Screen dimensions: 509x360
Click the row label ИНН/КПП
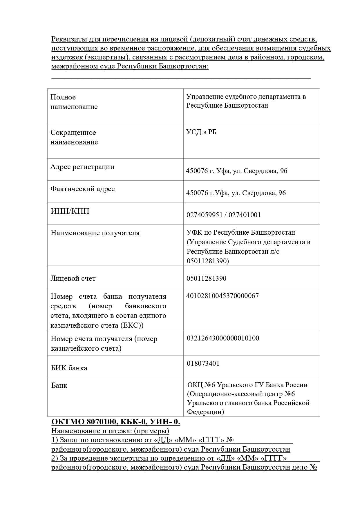pyautogui.click(x=70, y=211)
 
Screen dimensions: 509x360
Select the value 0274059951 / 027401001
pyautogui.click(x=224, y=215)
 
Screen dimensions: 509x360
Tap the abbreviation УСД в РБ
pyautogui.click(x=201, y=132)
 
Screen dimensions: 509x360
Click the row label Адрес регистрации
pyautogui.click(x=82, y=167)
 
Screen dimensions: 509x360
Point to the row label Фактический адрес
pyautogui.click(x=83, y=189)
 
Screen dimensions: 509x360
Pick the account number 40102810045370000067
pyautogui.click(x=222, y=296)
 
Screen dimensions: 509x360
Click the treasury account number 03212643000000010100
pyautogui.click(x=223, y=338)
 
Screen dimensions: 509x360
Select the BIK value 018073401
pyautogui.click(x=203, y=363)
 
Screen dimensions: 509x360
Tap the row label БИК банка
pyautogui.click(x=69, y=368)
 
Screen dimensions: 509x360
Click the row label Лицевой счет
pyautogui.click(x=73, y=278)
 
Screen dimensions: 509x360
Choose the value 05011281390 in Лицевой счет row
pyautogui.click(x=207, y=278)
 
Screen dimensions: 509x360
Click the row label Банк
pyautogui.click(x=59, y=385)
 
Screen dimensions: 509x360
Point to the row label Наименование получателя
pyautogui.click(x=95, y=233)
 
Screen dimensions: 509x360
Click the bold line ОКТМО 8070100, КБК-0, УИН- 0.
pyautogui.click(x=116, y=422)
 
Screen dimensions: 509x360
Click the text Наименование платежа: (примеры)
pyautogui.click(x=110, y=431)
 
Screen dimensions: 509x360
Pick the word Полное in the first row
pyautogui.click(x=63, y=97)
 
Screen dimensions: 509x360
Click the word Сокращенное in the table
pyautogui.click(x=73, y=133)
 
